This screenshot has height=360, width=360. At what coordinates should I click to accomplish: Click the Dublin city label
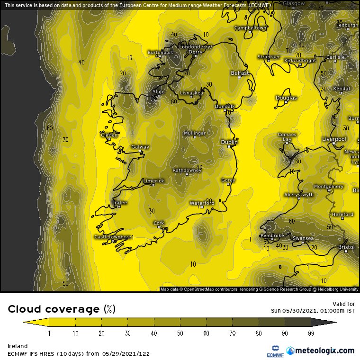point(229,142)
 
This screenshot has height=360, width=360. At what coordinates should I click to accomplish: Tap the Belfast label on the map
point(239,73)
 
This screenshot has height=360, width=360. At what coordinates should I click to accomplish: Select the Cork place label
point(159,223)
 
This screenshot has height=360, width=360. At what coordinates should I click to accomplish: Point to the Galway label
point(140,147)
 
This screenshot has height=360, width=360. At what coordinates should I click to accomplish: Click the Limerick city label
point(153,181)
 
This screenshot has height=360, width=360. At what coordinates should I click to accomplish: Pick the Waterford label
point(202,203)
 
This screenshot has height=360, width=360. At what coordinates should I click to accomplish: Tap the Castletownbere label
point(113,237)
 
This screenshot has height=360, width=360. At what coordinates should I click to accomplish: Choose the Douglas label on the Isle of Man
point(286,98)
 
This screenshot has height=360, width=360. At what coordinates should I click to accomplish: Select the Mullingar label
point(194,134)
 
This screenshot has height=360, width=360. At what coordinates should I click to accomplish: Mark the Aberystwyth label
point(298,195)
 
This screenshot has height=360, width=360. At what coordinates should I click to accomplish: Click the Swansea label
point(303,238)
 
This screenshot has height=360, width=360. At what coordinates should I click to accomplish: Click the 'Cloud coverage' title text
point(55,309)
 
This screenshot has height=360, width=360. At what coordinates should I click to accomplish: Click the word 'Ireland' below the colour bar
point(18,346)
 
